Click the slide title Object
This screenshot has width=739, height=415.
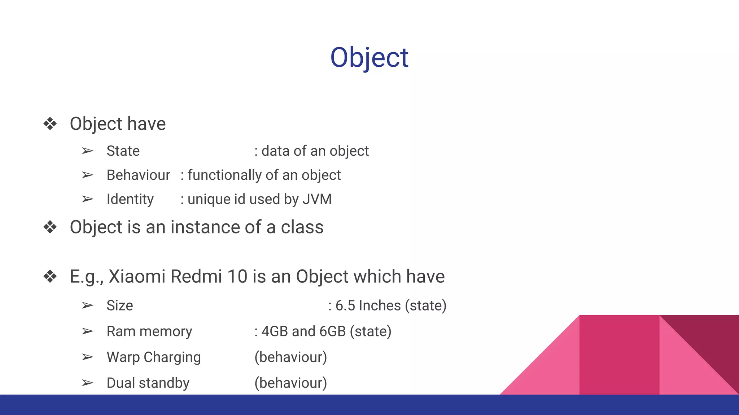click(369, 58)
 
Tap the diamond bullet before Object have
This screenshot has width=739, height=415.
click(50, 124)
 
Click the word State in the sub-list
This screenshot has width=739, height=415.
click(123, 151)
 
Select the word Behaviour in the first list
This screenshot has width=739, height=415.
click(138, 175)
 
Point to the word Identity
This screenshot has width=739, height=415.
click(130, 199)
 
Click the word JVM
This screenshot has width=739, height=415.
click(317, 199)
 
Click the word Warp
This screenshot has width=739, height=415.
click(123, 357)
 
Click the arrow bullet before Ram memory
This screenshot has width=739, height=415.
click(87, 331)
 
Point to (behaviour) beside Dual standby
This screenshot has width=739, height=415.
click(290, 383)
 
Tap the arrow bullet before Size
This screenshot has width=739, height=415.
click(87, 305)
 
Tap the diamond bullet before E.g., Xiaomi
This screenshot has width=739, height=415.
click(50, 277)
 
